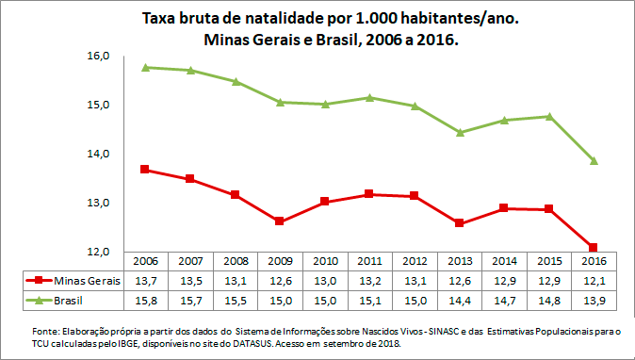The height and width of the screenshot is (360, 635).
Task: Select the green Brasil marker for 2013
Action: tap(460, 133)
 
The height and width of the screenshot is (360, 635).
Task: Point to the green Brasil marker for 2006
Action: tap(145, 68)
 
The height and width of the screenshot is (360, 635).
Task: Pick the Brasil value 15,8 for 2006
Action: tap(145, 299)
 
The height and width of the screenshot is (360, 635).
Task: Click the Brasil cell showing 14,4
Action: tap(460, 299)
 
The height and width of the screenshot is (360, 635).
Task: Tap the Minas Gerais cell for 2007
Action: tap(189, 280)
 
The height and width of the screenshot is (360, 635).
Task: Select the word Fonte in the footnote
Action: tap(45, 332)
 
